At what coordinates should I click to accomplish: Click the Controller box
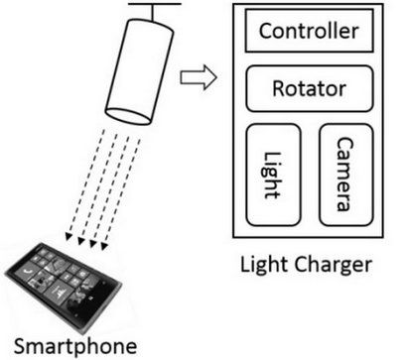click(x=309, y=31)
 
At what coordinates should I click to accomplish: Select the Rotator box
click(x=310, y=88)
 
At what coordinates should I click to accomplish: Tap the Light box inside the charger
click(x=273, y=175)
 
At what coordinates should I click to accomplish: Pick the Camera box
click(x=346, y=175)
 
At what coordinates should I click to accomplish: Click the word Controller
click(x=309, y=31)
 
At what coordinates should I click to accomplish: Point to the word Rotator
click(x=310, y=88)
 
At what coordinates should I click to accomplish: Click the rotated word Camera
click(x=345, y=175)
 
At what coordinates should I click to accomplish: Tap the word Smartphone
click(x=75, y=347)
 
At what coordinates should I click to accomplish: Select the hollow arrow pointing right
click(x=199, y=77)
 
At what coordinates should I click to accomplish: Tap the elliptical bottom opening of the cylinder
click(x=128, y=116)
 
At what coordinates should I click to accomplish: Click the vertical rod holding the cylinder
click(x=153, y=13)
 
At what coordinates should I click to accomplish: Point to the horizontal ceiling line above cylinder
click(x=155, y=4)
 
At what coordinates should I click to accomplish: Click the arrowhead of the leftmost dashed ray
click(x=68, y=236)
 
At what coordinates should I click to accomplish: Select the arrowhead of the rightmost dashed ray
click(x=104, y=246)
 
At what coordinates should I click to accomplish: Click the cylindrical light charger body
click(x=139, y=71)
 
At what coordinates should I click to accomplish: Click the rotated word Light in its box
click(x=272, y=176)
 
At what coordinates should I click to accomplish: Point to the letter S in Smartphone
click(x=20, y=346)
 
